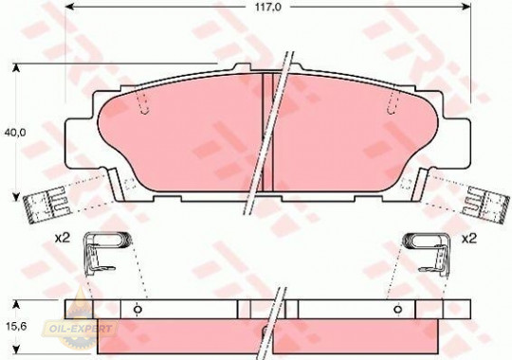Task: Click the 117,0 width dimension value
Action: [x=267, y=7]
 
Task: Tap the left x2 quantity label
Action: [x=63, y=239]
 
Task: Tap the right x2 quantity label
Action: [x=469, y=239]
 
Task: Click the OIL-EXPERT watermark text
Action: [x=80, y=329]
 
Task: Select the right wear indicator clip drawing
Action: [x=486, y=205]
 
